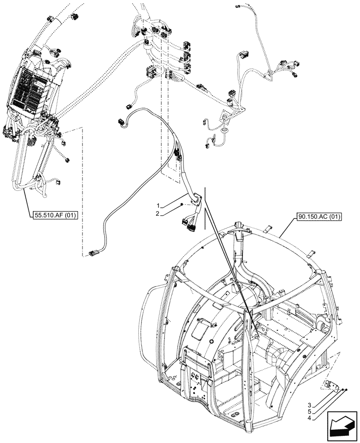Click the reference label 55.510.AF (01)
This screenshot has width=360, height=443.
coord(55,216)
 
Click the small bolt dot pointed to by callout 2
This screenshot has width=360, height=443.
coord(182,204)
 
